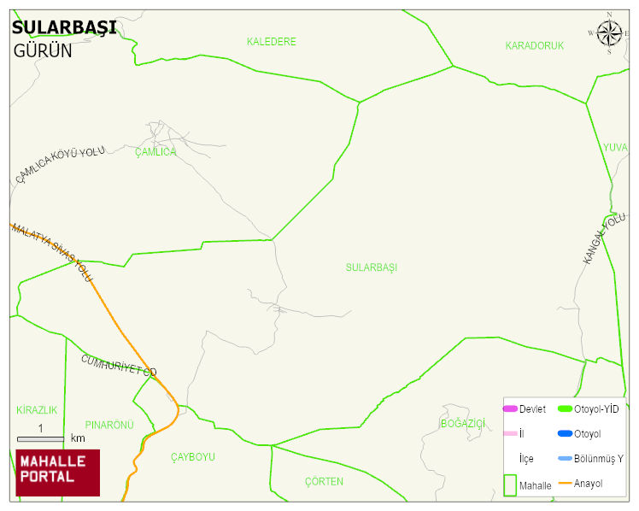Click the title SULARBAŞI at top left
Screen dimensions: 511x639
[x=64, y=27]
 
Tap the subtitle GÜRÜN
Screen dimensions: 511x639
[x=43, y=50]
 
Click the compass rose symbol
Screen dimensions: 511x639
[x=609, y=33]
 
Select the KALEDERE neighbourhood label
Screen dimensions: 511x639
[x=271, y=42]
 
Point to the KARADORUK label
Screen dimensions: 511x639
[x=535, y=46]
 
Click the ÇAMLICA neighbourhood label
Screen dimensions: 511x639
[x=155, y=152]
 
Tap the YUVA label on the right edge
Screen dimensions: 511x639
[x=615, y=148]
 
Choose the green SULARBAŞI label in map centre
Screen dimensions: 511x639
[x=372, y=267]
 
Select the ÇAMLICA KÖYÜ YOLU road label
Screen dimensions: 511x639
[x=60, y=164]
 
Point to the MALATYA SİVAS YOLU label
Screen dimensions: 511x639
[x=51, y=253]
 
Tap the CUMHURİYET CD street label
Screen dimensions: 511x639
[x=120, y=365]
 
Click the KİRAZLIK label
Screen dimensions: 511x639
[x=37, y=410]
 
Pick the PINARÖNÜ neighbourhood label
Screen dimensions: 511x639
[x=110, y=425]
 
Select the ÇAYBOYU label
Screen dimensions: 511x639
[x=193, y=457]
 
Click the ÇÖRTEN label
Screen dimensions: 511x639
[x=324, y=481]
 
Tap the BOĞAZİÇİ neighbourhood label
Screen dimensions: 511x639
[x=463, y=424]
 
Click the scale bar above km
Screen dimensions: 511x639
[x=40, y=438]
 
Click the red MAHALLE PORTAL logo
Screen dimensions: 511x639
[x=57, y=473]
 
